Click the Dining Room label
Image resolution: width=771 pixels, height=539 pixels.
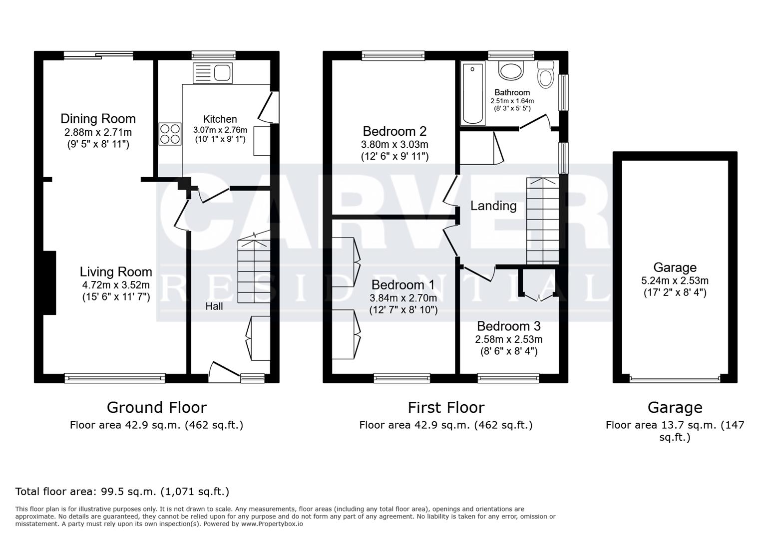tap(98, 119)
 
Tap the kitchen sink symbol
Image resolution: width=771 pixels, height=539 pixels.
tap(213, 73)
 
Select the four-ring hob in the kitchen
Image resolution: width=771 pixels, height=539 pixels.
tap(170, 134)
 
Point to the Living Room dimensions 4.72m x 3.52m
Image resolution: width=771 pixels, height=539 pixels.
tap(116, 285)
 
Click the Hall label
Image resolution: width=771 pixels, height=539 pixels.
tap(214, 306)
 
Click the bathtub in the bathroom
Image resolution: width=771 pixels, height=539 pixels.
tap(473, 94)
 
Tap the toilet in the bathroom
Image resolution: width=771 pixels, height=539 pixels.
tap(546, 75)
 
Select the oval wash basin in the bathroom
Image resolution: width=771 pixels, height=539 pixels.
tap(511, 71)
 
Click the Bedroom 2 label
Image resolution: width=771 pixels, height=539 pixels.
tap(394, 131)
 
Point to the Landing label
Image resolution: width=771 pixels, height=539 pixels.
tap(493, 206)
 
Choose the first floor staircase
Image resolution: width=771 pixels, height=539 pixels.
tap(542, 222)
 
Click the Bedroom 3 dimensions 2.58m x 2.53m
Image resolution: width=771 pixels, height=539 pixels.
tap(508, 339)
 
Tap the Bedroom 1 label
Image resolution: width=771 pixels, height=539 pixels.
tap(402, 285)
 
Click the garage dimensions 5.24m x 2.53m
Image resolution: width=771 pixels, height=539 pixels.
tap(675, 280)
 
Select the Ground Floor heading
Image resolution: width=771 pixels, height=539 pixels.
tap(156, 408)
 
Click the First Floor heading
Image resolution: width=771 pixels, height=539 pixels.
tap(445, 408)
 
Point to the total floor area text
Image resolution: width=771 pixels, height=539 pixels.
tap(122, 491)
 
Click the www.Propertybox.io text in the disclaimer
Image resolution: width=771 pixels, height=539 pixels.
tap(272, 524)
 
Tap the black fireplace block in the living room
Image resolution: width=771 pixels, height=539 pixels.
tap(49, 282)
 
